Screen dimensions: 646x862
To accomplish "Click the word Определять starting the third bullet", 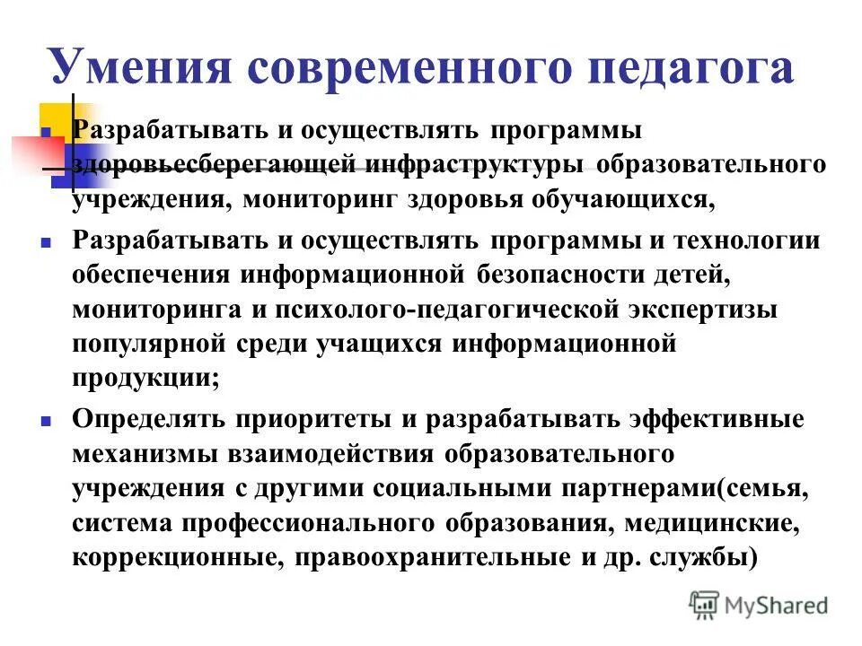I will point(150,419).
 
